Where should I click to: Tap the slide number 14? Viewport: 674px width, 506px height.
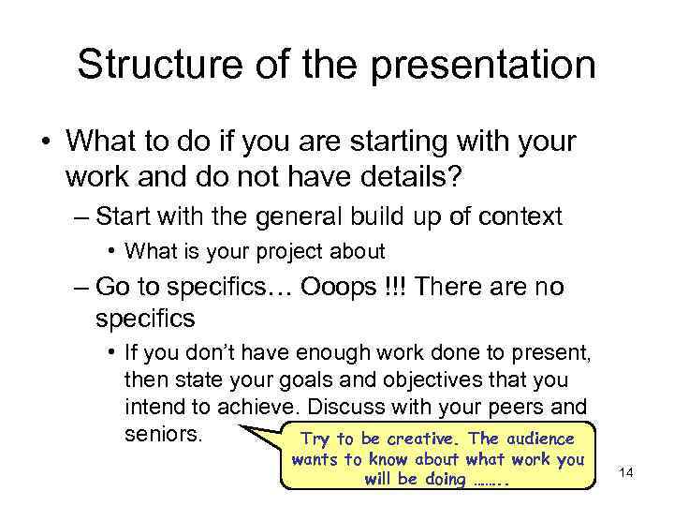(626, 472)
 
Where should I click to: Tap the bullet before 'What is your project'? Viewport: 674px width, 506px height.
(111, 251)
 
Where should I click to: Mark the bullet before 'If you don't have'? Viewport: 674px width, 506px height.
(111, 352)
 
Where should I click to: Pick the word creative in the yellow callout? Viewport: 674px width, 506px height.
(425, 439)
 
